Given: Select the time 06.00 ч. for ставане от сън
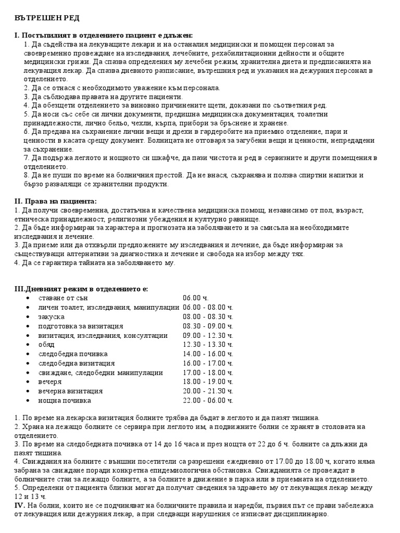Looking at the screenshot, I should coord(195,298).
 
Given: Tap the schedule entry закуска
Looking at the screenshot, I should coord(51,316).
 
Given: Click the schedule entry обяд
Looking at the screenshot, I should coord(46,345).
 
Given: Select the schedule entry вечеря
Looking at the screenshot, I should coord(50,382).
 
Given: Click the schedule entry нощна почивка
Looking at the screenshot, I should coord(65,400).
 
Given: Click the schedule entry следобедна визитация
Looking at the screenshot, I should coord(77,363).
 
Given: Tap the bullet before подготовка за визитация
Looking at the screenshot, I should coord(27,326).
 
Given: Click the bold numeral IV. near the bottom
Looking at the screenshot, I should coord(19,505).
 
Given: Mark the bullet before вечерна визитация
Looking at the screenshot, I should coord(27,391).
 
